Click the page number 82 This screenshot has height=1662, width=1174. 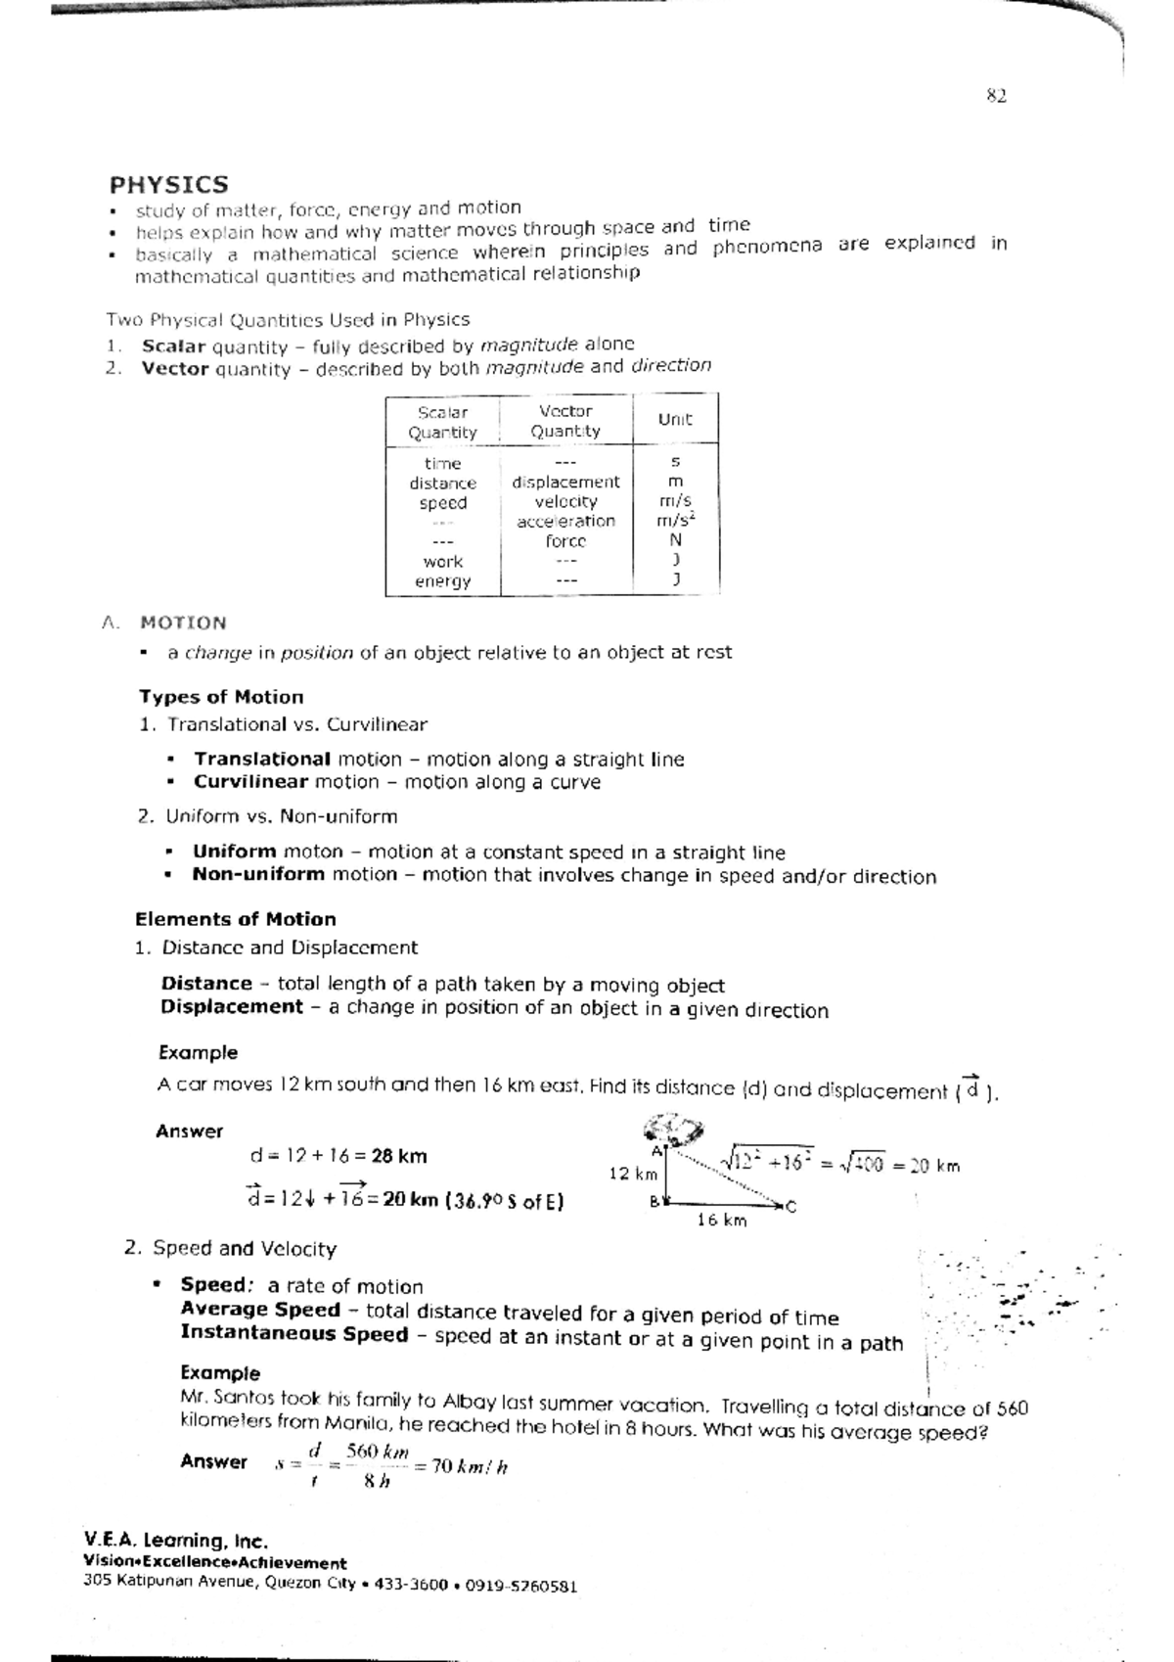pyautogui.click(x=996, y=96)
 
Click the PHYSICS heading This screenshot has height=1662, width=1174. pyautogui.click(x=169, y=185)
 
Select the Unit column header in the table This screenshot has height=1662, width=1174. pyautogui.click(x=675, y=419)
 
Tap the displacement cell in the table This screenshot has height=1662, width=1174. pyautogui.click(x=565, y=482)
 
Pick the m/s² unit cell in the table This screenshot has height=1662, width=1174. pyautogui.click(x=675, y=521)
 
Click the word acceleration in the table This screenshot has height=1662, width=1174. pyautogui.click(x=565, y=521)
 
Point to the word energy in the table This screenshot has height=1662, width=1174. pyautogui.click(x=442, y=580)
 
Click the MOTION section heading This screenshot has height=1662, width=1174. pyautogui.click(x=183, y=623)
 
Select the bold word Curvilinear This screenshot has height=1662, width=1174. pyautogui.click(x=250, y=782)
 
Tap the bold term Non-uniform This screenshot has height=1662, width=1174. pyautogui.click(x=258, y=874)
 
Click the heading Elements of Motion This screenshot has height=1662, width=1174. pyautogui.click(x=235, y=919)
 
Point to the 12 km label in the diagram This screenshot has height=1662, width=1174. pyautogui.click(x=632, y=1174)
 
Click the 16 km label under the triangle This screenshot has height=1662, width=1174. pyautogui.click(x=721, y=1221)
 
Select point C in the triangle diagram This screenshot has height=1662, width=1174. pyautogui.click(x=790, y=1207)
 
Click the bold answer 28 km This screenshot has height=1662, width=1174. pyautogui.click(x=398, y=1156)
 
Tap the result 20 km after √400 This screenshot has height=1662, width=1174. pyautogui.click(x=934, y=1166)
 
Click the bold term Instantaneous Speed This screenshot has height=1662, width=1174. pyautogui.click(x=293, y=1334)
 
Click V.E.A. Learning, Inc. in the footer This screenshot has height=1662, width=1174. pyautogui.click(x=176, y=1541)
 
